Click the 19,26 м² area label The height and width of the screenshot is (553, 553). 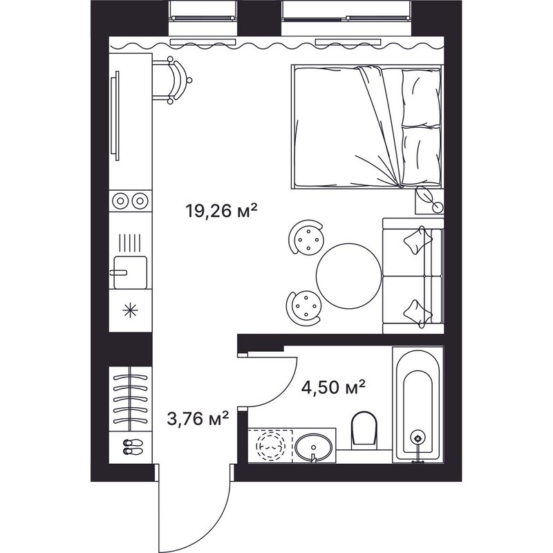pos(221,211)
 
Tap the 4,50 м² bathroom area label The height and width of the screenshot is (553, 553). pos(333,387)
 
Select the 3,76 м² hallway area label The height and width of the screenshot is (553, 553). pos(198,419)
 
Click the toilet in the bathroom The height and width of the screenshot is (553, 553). pos(364,429)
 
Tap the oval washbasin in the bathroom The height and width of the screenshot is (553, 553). pos(313,447)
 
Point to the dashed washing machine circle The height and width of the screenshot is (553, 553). pos(270,447)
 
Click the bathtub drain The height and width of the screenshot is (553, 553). pos(418,438)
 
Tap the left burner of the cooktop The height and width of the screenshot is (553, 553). pos(120,201)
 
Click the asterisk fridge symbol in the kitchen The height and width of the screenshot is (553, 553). pos(130,310)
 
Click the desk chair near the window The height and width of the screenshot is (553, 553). pos(177,81)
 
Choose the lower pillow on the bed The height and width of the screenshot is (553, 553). pos(421,155)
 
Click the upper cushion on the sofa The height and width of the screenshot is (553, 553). pos(418,239)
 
